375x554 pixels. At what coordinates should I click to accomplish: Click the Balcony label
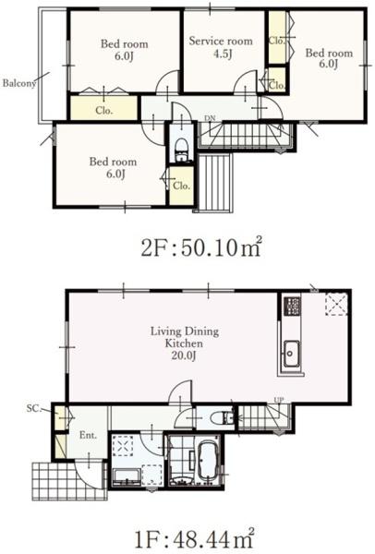[x=19, y=83]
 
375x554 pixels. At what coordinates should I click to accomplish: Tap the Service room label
[x=221, y=41]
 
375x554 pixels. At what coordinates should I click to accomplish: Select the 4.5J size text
[x=223, y=54]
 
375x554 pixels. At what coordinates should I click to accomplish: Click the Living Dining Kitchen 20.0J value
[x=184, y=355]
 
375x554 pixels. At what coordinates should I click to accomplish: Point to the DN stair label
[x=210, y=118]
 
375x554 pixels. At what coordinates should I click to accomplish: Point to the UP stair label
[x=279, y=400]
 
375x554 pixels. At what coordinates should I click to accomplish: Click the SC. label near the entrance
[x=33, y=408]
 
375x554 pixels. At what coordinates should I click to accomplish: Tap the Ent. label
[x=88, y=435]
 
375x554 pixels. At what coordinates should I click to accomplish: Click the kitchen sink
[x=291, y=354]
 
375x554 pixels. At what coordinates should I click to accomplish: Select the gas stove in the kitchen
[x=293, y=306]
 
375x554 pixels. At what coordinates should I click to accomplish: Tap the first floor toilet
[x=221, y=418]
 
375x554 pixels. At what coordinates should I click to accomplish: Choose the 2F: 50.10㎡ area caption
[x=201, y=247]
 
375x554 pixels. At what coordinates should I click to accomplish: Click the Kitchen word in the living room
[x=184, y=343]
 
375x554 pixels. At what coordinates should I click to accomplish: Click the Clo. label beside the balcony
[x=104, y=110]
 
